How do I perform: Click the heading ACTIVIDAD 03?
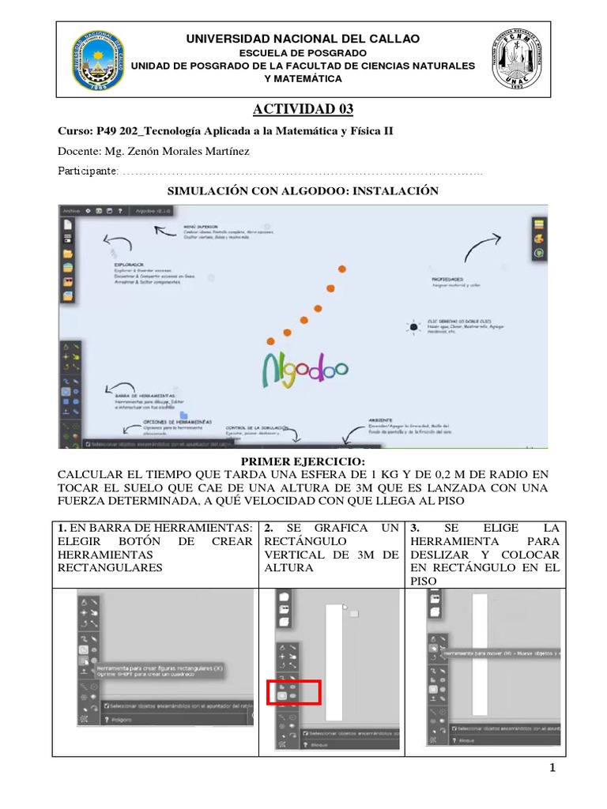(x=303, y=108)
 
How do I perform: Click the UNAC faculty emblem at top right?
(x=518, y=61)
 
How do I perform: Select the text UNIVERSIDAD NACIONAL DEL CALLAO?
(x=303, y=39)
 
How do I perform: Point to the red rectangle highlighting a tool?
(x=293, y=692)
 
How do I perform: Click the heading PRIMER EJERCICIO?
(x=303, y=461)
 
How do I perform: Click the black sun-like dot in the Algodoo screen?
(x=413, y=325)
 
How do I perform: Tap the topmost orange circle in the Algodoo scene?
(x=342, y=269)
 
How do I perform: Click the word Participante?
(x=88, y=171)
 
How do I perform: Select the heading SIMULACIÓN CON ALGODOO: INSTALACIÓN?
(x=303, y=191)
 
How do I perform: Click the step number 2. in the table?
(x=269, y=527)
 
